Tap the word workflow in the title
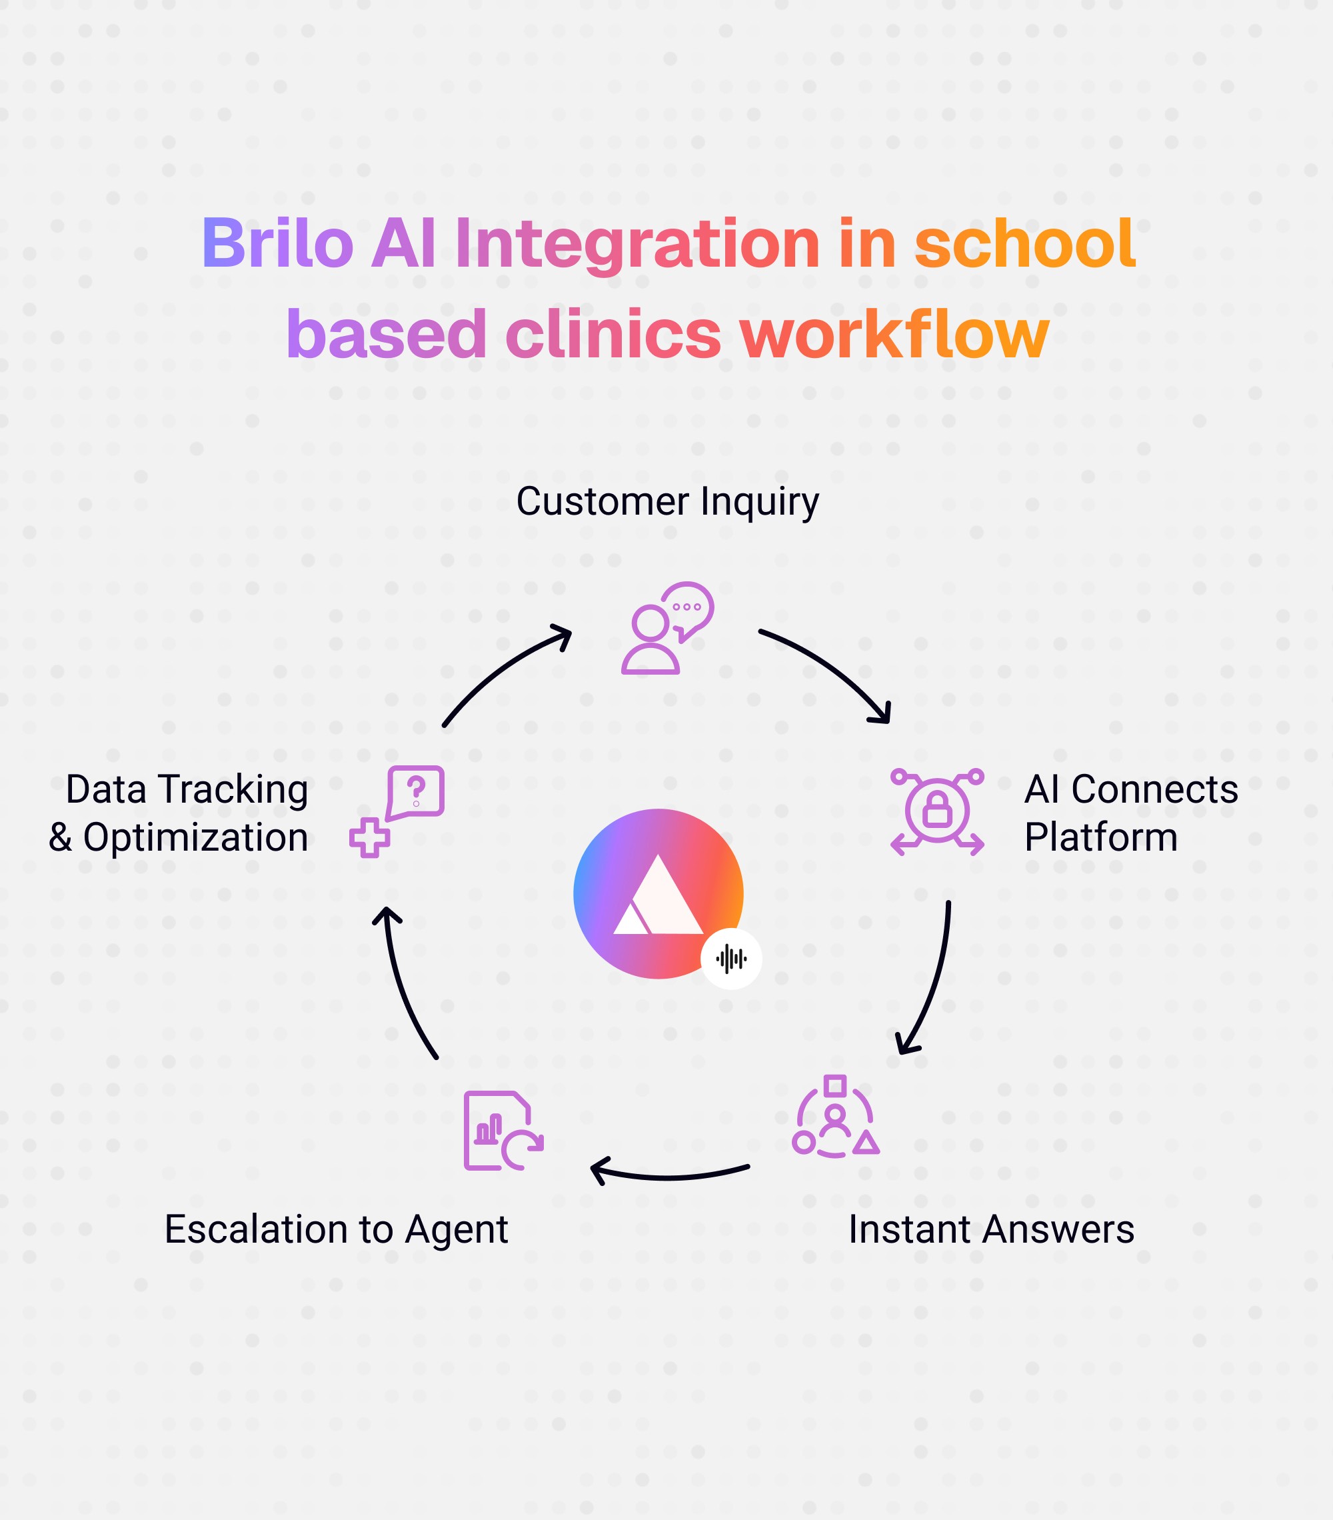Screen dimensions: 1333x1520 tap(894, 335)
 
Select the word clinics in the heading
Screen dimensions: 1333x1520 tap(613, 335)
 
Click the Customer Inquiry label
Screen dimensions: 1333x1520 tap(667, 502)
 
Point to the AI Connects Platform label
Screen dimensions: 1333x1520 tap(1130, 813)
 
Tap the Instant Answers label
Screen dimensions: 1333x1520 tap(991, 1229)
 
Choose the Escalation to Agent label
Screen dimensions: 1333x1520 tap(336, 1229)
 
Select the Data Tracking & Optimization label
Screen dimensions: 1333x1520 tap(179, 813)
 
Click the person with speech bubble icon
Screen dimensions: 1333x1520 tap(667, 629)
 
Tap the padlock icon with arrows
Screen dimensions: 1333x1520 tap(936, 812)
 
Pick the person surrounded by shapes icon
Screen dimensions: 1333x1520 tap(836, 1118)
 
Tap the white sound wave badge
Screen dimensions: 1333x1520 tap(730, 959)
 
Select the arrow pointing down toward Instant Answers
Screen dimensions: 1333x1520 tap(933, 981)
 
